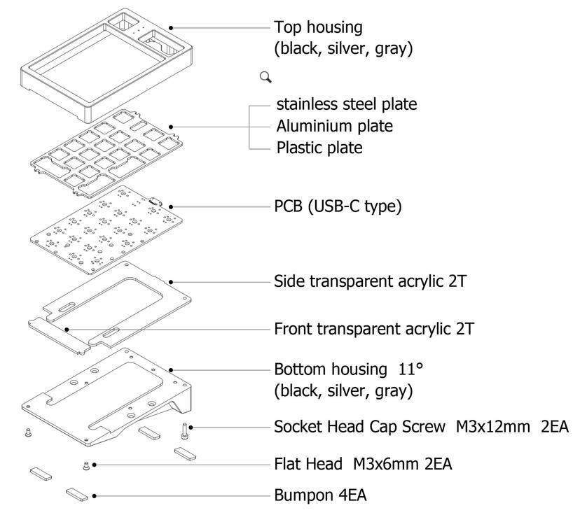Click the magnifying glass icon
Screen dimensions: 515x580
tap(265, 76)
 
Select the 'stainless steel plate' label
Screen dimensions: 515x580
tap(347, 105)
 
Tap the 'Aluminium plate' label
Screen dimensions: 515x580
tap(334, 127)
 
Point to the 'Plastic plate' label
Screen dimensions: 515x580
tap(319, 148)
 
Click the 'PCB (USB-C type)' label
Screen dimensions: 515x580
tap(338, 207)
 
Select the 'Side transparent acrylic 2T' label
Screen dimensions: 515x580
tap(371, 282)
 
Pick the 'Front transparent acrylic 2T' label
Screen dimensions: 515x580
tap(374, 329)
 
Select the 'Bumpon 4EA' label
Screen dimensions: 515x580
tap(320, 495)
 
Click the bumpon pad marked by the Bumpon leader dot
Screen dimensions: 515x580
tap(77, 495)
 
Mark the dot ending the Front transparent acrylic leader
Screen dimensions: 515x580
tap(67, 329)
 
